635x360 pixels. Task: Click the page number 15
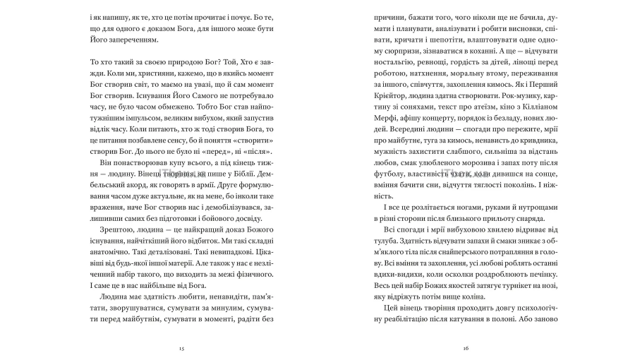click(181, 349)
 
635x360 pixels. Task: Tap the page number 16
click(466, 349)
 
